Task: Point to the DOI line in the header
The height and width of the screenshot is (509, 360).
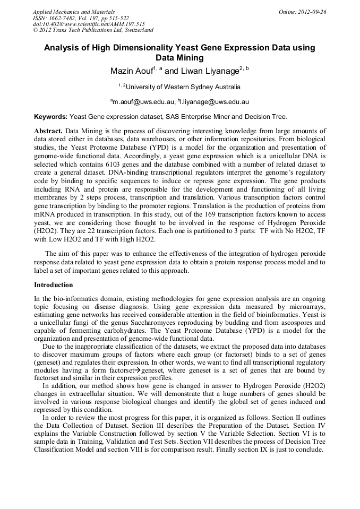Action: pyautogui.click(x=89, y=24)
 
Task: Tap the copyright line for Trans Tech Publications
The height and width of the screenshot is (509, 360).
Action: pyautogui.click(x=93, y=30)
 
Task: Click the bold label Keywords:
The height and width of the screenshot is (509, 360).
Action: pyautogui.click(x=50, y=116)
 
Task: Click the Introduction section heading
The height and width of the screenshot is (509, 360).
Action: pyautogui.click(x=53, y=285)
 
